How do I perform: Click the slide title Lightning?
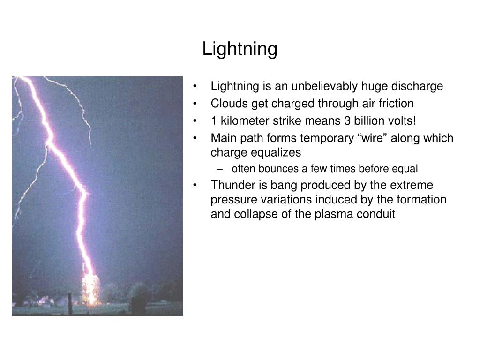point(240,49)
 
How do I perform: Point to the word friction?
point(397,104)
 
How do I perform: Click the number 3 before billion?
point(347,121)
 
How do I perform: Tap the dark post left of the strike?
point(69,303)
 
